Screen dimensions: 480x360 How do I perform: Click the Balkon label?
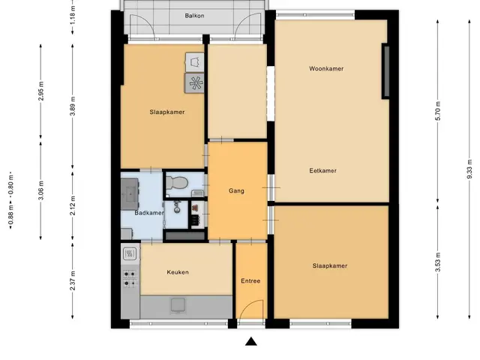tap(194, 16)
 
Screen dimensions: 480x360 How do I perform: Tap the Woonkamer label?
tap(326, 68)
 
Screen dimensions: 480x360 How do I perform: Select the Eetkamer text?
tap(323, 170)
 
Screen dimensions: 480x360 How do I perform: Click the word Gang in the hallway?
tap(236, 190)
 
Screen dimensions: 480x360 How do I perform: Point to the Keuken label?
tap(178, 272)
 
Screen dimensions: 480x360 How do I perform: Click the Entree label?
tap(250, 280)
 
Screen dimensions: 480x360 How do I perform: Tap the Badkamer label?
tap(149, 213)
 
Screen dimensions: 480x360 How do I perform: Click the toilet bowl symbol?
tap(177, 182)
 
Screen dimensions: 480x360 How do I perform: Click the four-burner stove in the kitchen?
tap(130, 278)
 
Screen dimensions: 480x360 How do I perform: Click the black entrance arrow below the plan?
tap(251, 341)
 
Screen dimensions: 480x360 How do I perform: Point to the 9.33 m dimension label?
tap(469, 169)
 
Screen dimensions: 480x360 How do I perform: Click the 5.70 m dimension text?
tap(438, 111)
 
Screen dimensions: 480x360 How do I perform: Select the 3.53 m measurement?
tap(438, 262)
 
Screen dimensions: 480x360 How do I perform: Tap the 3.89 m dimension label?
tap(73, 106)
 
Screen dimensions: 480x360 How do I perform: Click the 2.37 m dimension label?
tap(73, 280)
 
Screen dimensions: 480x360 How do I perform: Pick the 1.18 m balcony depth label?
tap(73, 15)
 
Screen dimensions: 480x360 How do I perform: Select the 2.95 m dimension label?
tap(40, 91)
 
